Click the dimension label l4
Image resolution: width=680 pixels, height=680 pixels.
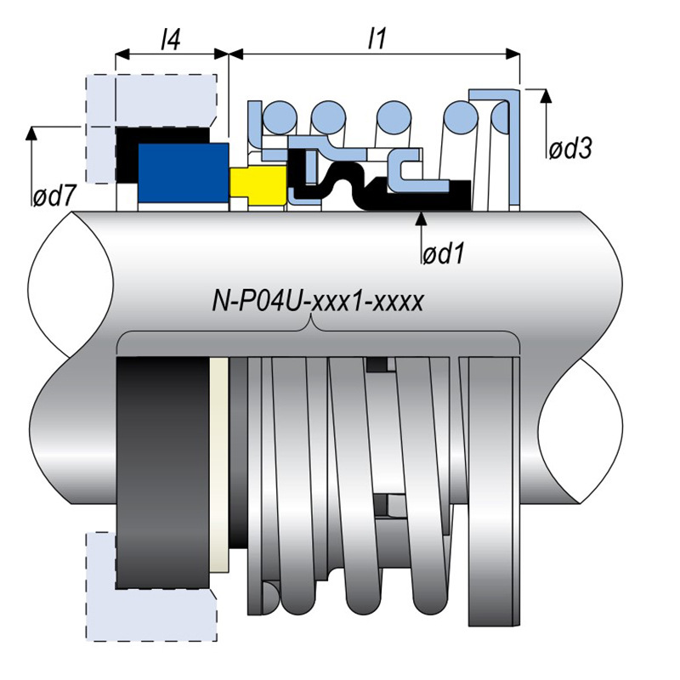[170, 37]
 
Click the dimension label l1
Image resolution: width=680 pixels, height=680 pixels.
[373, 37]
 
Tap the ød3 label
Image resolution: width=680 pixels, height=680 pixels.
[569, 148]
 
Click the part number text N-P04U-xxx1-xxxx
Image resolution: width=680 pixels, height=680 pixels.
[315, 302]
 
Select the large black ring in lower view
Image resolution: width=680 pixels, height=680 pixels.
[161, 472]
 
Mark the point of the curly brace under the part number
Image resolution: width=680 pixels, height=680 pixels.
[314, 324]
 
